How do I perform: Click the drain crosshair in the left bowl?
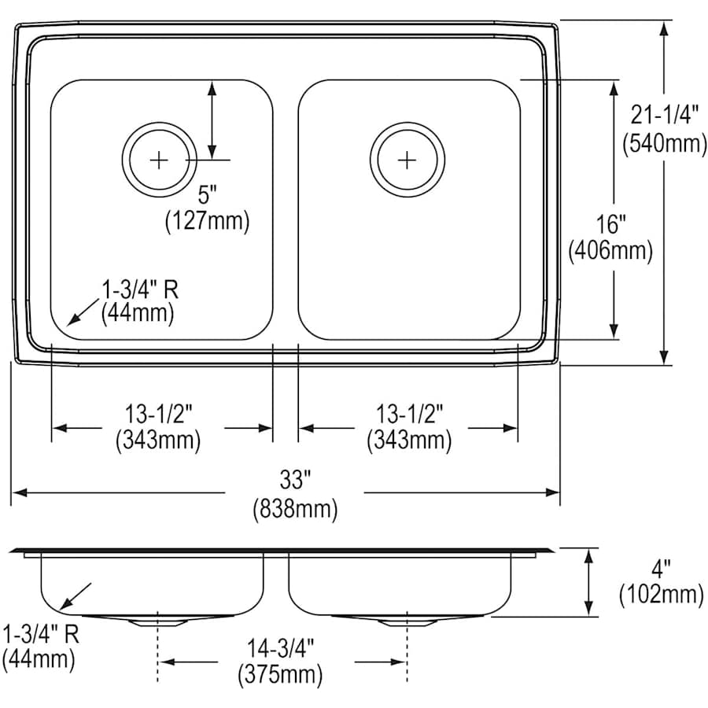click(159, 160)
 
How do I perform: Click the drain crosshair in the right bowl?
click(407, 160)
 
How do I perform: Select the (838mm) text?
click(295, 510)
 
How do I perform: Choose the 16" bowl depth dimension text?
click(610, 223)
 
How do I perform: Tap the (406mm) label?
click(610, 252)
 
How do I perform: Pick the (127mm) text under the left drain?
click(206, 222)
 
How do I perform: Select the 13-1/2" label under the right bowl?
click(408, 412)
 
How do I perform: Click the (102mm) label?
click(661, 595)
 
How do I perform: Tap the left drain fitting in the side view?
click(160, 621)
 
